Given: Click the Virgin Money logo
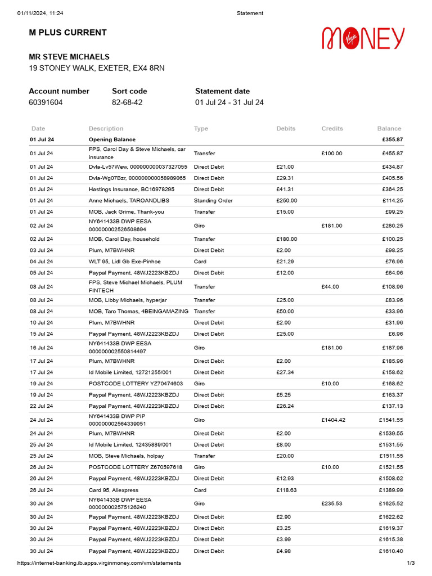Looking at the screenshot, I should click(x=363, y=38).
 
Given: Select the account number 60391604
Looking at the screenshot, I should click(x=46, y=102).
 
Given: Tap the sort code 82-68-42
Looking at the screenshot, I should click(x=127, y=102).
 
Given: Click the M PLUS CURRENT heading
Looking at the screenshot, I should click(x=67, y=33).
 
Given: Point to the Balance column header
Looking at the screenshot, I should click(x=389, y=129).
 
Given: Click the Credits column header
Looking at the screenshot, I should click(x=332, y=129).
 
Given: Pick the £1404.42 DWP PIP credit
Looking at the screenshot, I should click(x=335, y=420).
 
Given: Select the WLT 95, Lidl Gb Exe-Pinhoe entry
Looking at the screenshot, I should click(x=124, y=262).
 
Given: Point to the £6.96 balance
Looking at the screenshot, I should click(x=394, y=334).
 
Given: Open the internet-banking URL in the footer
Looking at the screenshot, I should click(x=99, y=563).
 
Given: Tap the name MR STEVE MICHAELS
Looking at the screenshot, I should click(x=69, y=57).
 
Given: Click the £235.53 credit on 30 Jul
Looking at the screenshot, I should click(x=332, y=503).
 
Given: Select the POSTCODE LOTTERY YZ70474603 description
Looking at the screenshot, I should click(x=136, y=384).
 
